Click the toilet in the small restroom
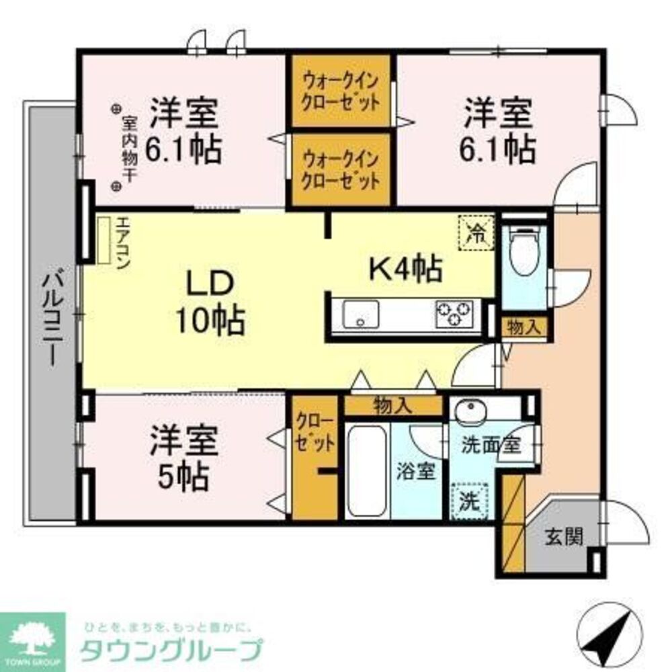coord(524,251)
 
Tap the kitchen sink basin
coord(360,314)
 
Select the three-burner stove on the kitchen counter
coord(454,314)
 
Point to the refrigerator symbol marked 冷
coord(476,233)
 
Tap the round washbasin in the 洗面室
coord(468,413)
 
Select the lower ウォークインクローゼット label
coord(341,169)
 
